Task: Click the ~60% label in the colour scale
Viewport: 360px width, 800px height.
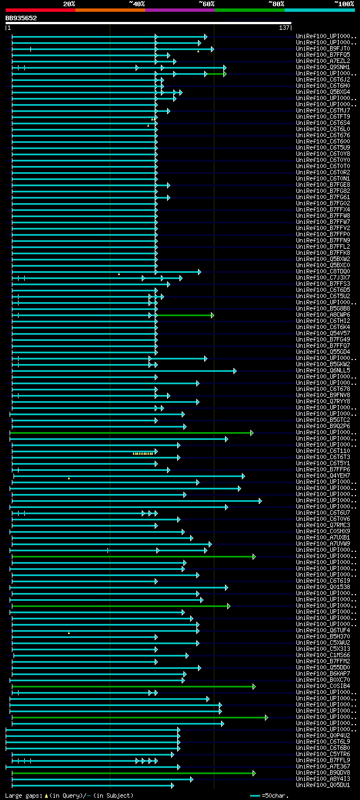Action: tap(206, 3)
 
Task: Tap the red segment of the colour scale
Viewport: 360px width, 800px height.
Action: tap(40, 10)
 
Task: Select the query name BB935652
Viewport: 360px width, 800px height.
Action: tap(21, 18)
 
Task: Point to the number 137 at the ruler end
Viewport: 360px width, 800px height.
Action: tap(284, 28)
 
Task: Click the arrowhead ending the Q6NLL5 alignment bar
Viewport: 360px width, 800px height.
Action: tap(235, 371)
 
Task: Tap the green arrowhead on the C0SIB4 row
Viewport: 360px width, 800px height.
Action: tap(254, 686)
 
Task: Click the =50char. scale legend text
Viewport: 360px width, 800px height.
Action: tap(276, 795)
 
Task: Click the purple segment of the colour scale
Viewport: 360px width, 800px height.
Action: tap(179, 10)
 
